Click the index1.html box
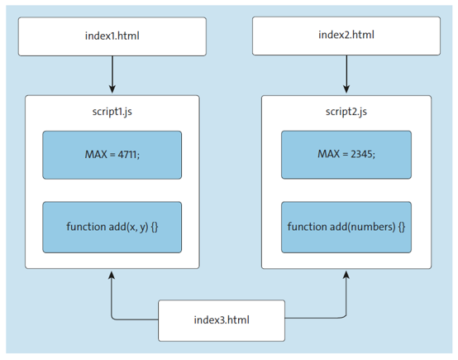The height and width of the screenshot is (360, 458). (x=112, y=35)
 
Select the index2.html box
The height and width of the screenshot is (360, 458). (x=346, y=35)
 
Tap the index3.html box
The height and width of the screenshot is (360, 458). (x=222, y=320)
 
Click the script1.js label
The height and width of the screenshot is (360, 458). (x=112, y=112)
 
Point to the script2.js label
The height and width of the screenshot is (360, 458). (x=346, y=112)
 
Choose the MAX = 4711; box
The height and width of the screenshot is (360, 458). (x=112, y=155)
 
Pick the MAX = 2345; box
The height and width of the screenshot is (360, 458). (x=346, y=155)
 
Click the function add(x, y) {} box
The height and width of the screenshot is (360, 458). (x=112, y=227)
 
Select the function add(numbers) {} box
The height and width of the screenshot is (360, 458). (x=346, y=227)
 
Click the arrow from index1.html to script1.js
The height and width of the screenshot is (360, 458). (x=112, y=74)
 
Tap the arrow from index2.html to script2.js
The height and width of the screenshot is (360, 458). (x=346, y=74)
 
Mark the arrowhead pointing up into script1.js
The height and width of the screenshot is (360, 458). (x=112, y=276)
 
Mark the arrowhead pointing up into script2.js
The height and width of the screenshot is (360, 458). (x=346, y=276)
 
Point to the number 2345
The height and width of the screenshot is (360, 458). (x=360, y=155)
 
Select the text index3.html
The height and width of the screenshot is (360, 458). (x=222, y=320)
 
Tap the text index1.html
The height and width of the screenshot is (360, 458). (x=112, y=35)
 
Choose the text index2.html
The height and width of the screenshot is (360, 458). (x=346, y=35)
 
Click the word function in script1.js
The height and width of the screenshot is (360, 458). (x=86, y=227)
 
